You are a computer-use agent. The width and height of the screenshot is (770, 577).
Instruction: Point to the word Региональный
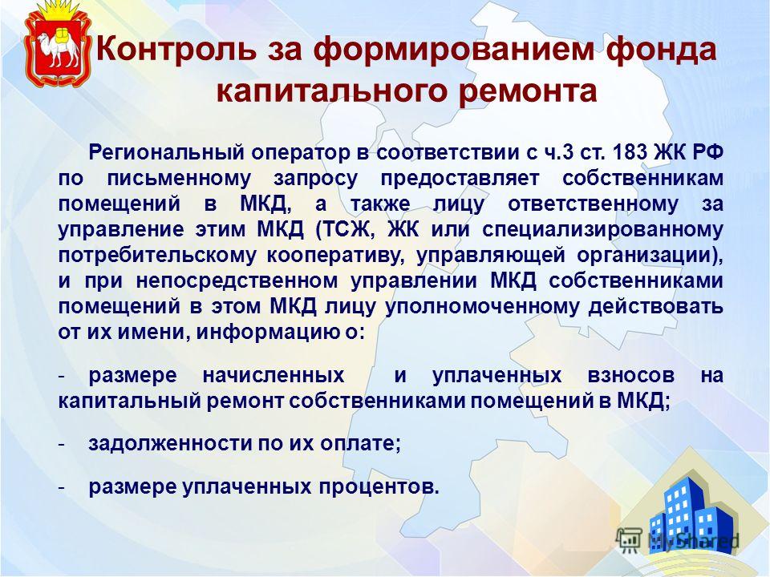[167, 152]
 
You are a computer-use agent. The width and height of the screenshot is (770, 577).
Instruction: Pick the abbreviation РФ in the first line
[707, 152]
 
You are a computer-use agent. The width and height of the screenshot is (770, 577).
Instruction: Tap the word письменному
[179, 179]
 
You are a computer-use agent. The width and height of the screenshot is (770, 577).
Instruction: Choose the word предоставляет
[460, 179]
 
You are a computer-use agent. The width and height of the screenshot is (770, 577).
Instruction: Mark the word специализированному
[602, 230]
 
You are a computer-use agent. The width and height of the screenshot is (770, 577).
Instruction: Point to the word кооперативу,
[336, 256]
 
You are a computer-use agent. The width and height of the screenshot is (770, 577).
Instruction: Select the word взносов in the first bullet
[630, 375]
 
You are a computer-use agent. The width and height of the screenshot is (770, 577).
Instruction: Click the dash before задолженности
[62, 445]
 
